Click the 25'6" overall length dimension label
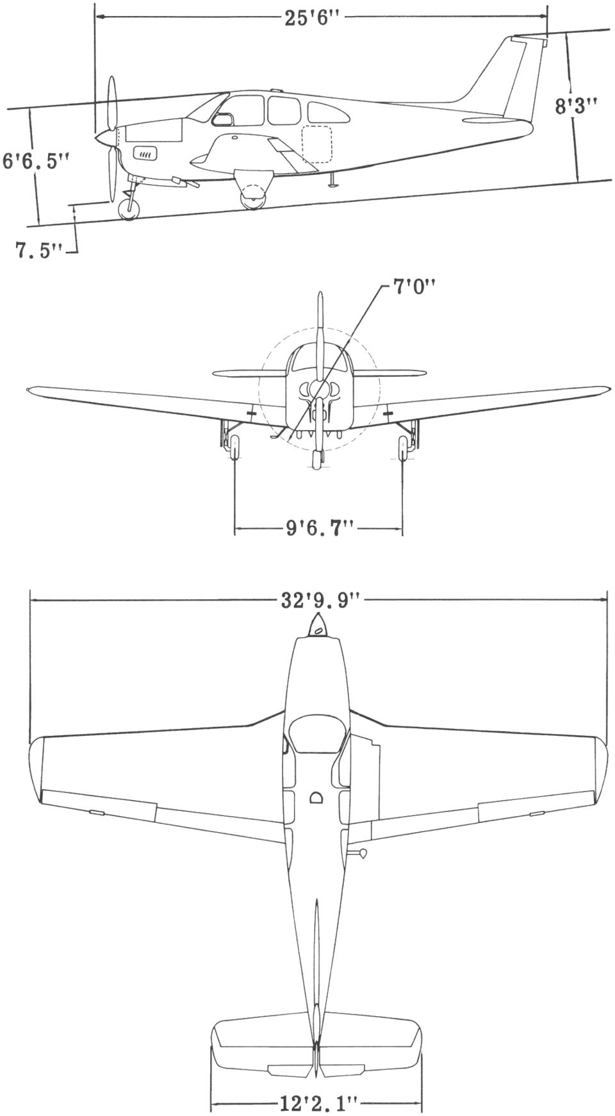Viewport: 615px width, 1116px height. (x=311, y=17)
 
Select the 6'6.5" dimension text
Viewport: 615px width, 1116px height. (x=35, y=160)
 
